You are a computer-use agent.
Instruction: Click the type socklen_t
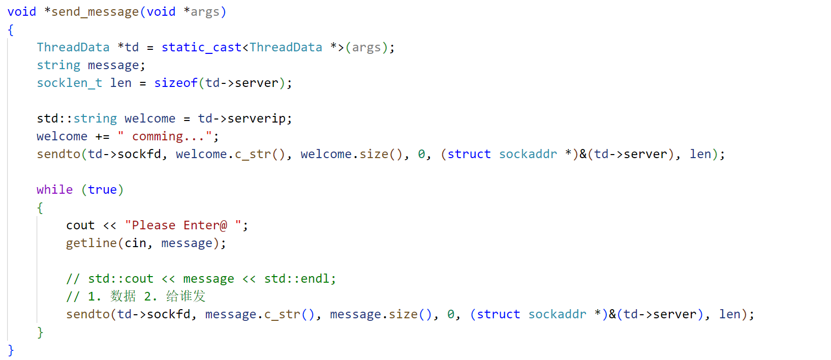(69, 83)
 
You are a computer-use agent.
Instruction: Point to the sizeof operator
(175, 83)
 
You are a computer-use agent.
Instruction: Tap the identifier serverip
(257, 118)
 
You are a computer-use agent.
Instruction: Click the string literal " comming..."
(168, 136)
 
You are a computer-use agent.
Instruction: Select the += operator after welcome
(102, 136)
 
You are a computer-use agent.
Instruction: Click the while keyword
(54, 190)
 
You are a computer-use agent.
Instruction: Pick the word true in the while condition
(102, 190)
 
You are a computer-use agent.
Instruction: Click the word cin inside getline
(136, 243)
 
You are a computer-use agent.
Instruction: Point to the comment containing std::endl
(201, 279)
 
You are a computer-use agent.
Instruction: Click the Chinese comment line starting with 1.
(136, 296)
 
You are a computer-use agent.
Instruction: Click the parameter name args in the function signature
(205, 12)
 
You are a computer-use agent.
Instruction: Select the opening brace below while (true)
(40, 207)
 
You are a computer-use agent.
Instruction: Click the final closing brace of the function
(11, 350)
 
